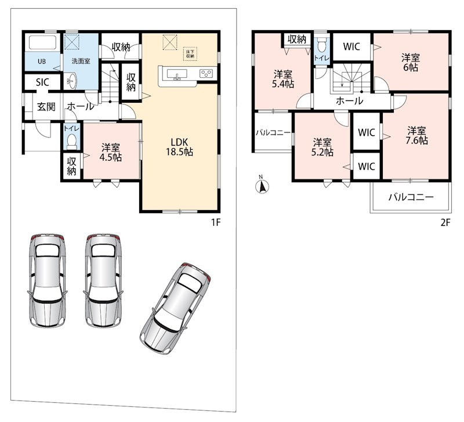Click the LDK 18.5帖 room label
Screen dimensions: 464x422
(x=179, y=147)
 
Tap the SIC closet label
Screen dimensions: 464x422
(x=42, y=82)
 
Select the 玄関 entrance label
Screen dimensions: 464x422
(x=46, y=107)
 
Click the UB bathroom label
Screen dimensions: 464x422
(x=42, y=62)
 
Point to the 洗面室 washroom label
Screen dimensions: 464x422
(x=81, y=62)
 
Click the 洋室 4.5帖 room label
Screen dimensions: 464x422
(x=110, y=153)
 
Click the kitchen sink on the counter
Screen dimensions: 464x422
(x=177, y=74)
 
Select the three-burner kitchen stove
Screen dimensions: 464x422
(x=206, y=74)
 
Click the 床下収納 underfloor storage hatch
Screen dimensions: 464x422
(x=190, y=54)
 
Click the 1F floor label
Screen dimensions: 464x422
(x=216, y=222)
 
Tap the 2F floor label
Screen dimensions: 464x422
(x=445, y=222)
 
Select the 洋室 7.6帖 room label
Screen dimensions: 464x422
(x=416, y=135)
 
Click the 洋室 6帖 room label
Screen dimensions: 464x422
(x=411, y=63)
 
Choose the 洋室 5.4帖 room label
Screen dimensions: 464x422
(x=283, y=79)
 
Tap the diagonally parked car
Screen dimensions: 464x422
(x=175, y=308)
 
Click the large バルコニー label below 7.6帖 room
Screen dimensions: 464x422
(x=411, y=197)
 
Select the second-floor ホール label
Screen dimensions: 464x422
(x=349, y=101)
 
